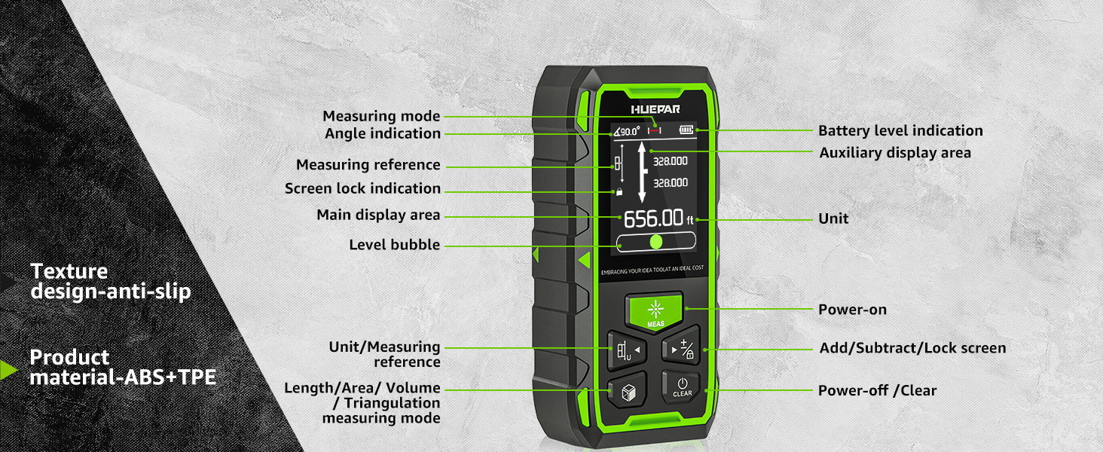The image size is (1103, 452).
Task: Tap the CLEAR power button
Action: click(x=682, y=386)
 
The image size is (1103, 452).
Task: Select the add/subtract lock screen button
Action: click(x=682, y=349)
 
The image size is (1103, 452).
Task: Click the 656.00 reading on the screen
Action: click(x=652, y=218)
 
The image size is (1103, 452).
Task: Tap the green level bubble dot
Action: click(x=655, y=242)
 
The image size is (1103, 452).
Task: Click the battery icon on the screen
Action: click(x=686, y=130)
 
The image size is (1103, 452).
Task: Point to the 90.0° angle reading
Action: click(x=626, y=132)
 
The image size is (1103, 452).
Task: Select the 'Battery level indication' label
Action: click(x=900, y=131)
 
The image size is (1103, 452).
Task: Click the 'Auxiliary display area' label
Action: click(x=895, y=153)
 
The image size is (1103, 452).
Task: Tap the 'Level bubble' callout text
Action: click(x=395, y=245)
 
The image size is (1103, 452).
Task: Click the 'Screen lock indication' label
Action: click(x=362, y=188)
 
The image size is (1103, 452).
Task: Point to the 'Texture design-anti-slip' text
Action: click(x=110, y=282)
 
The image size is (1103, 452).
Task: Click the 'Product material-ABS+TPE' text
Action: click(x=123, y=368)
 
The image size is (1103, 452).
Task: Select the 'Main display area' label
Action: click(x=378, y=215)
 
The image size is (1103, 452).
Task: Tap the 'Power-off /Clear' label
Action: click(x=877, y=390)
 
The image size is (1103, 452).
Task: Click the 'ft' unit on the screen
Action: click(x=689, y=221)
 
